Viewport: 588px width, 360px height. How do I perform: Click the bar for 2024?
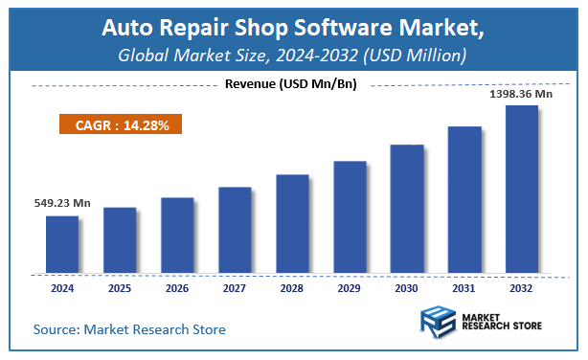point(62,243)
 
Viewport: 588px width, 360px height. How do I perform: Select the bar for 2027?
point(235,229)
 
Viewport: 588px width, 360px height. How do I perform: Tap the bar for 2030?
point(407,208)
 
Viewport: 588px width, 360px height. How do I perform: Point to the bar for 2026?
point(177,235)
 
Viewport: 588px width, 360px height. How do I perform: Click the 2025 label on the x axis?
point(120,286)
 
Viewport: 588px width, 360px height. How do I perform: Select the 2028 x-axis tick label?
point(292,286)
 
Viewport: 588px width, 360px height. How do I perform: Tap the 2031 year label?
point(464,286)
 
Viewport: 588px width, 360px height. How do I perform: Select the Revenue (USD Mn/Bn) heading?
point(290,84)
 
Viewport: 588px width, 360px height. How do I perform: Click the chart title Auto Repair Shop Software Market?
point(294,29)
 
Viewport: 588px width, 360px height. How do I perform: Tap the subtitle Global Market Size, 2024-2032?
point(294,56)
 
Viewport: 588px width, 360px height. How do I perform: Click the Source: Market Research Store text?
point(129,329)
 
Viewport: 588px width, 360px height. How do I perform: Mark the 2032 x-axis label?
point(521,286)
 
